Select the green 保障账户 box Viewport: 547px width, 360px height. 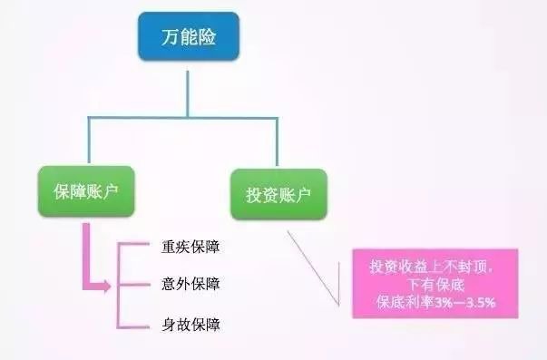pyautogui.click(x=89, y=193)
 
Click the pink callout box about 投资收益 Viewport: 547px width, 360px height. pyautogui.click(x=435, y=283)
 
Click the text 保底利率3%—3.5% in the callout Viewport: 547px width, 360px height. pyautogui.click(x=435, y=301)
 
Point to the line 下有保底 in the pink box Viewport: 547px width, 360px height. pyautogui.click(x=435, y=284)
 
